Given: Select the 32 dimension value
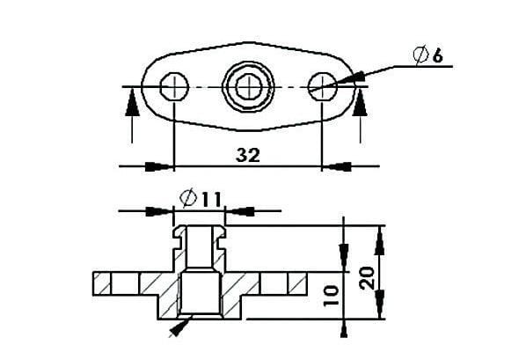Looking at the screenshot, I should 249,155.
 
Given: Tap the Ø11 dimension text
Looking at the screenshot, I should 199,199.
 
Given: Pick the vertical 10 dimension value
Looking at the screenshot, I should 331,293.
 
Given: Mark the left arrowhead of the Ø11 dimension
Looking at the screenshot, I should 159,211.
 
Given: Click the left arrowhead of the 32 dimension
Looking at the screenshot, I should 158,165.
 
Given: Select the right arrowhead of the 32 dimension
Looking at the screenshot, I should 339,165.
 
